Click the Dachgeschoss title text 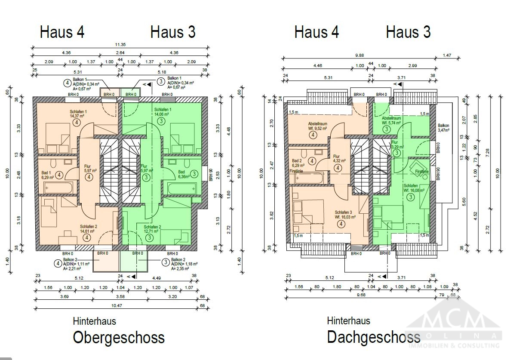(x=373, y=337)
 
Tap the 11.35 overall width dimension (x=120, y=44)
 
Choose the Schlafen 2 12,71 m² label (x=153, y=229)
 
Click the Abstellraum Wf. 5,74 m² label (x=391, y=120)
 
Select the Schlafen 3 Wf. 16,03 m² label (x=345, y=215)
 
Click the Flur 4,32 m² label (x=337, y=159)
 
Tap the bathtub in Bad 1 (x=58, y=188)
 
